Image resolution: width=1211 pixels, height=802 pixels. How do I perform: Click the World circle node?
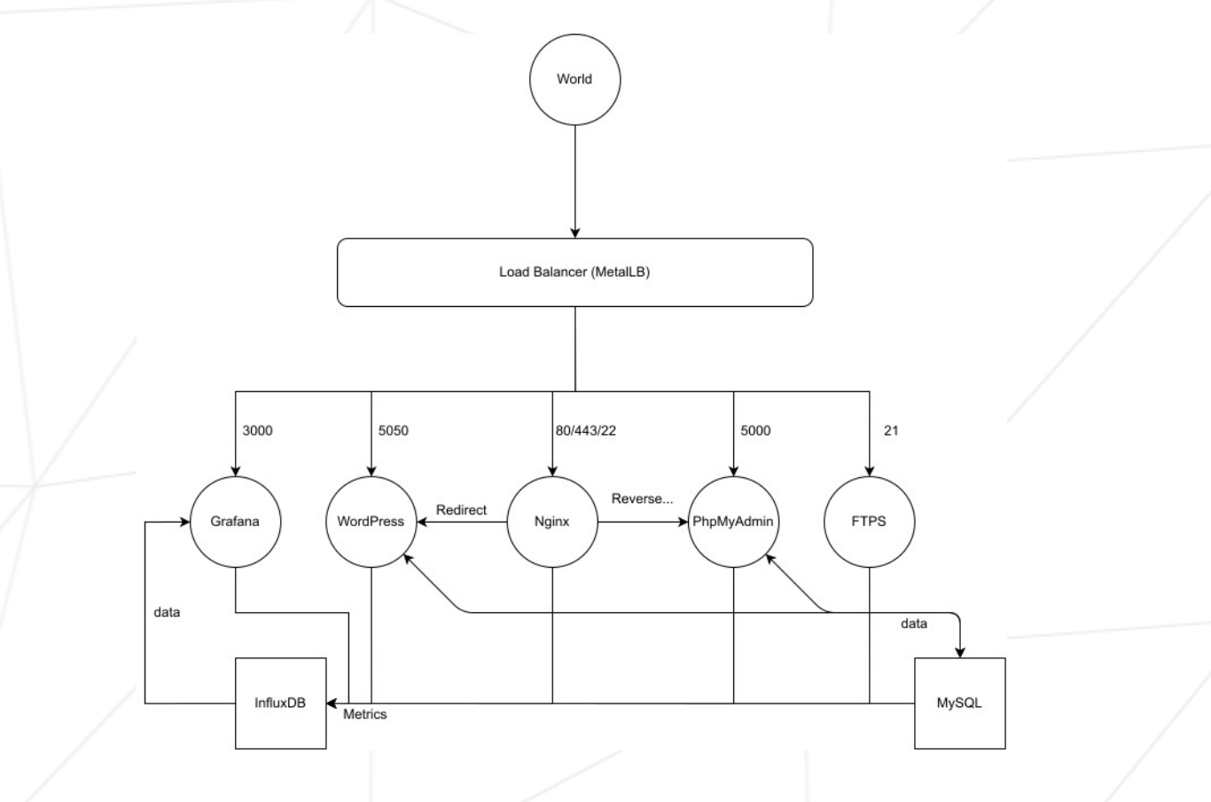[574, 79]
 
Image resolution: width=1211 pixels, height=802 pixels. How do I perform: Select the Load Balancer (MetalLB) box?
[574, 272]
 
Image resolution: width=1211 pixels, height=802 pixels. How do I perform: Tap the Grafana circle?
[235, 522]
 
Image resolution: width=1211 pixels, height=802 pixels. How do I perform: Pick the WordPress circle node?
[371, 522]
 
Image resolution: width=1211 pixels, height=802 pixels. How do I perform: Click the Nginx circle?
[551, 522]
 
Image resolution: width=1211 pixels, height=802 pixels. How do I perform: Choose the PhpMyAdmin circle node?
[733, 522]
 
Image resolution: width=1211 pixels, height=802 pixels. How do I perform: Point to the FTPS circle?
[869, 522]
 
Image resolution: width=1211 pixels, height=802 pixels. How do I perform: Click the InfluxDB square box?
[280, 703]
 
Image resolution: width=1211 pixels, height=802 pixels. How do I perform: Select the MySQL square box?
[959, 703]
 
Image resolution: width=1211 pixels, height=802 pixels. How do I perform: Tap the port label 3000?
[257, 430]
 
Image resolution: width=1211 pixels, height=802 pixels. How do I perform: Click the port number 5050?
[394, 430]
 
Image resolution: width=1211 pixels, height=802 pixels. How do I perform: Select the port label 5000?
[755, 430]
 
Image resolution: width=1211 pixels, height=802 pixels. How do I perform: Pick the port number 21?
[891, 430]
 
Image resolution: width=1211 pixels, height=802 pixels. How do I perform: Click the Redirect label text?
[461, 510]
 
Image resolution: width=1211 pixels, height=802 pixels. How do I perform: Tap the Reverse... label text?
[642, 499]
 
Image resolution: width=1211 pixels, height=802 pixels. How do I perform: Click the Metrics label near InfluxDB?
[364, 714]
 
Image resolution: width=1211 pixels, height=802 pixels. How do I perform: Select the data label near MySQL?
[913, 624]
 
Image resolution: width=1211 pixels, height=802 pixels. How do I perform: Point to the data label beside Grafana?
[167, 612]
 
